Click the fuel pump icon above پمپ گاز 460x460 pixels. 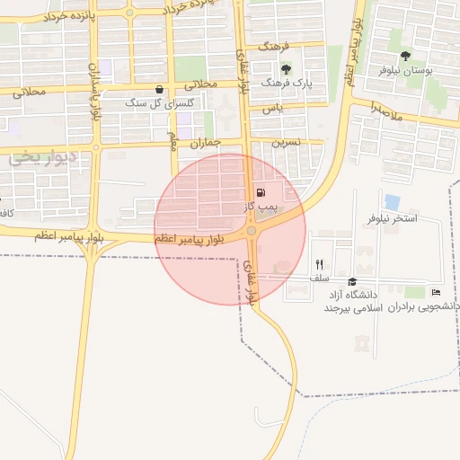click(261, 191)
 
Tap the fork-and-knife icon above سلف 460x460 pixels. click(319, 264)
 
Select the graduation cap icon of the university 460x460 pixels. click(351, 282)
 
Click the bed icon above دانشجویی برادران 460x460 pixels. click(436, 292)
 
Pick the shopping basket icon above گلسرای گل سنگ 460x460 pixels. click(160, 89)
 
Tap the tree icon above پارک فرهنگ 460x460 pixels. click(286, 68)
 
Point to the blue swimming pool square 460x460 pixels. click(392, 202)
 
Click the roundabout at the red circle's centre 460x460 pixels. click(252, 231)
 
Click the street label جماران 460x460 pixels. click(206, 143)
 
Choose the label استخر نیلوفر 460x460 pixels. click(393, 219)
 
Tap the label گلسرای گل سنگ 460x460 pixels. click(171, 104)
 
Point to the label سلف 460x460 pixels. click(319, 279)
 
